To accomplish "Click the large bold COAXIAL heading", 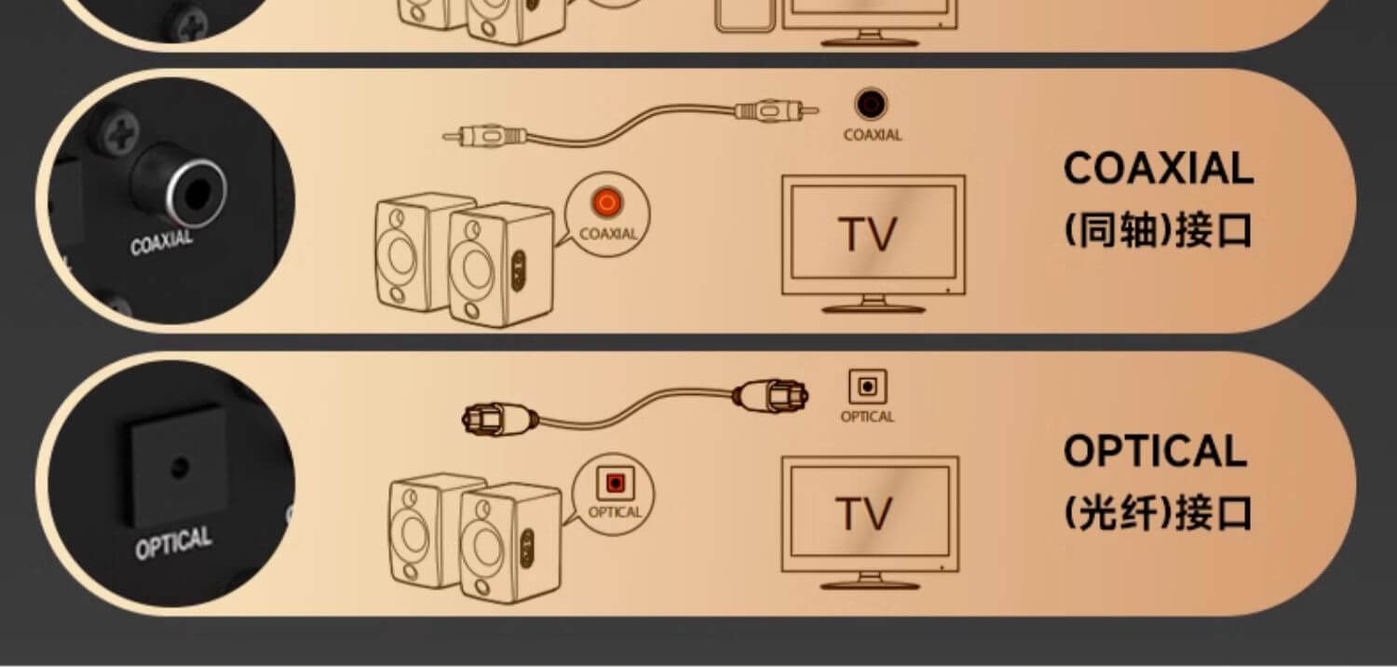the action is click(1159, 169).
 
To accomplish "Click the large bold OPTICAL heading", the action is click(1155, 451).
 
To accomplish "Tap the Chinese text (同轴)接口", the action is click(1159, 230).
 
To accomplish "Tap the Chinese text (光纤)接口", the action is click(1159, 513).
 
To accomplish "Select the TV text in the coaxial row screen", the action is click(867, 235).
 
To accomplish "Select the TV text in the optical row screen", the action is click(863, 514).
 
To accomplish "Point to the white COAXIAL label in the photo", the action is click(161, 242).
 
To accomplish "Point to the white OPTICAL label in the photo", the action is click(173, 542).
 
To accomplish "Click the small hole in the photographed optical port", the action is click(181, 467).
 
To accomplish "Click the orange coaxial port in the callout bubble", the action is click(607, 203).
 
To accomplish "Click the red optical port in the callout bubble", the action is click(615, 483).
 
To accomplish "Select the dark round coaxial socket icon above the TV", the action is click(871, 103).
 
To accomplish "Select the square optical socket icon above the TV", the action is click(867, 387).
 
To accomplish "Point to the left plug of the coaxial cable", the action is click(484, 135).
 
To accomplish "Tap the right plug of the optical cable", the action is click(771, 396).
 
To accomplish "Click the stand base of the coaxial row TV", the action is click(874, 308).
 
